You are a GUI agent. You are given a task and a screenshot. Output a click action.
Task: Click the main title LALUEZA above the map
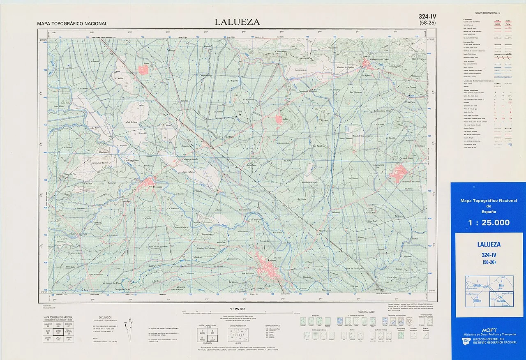tap(237, 22)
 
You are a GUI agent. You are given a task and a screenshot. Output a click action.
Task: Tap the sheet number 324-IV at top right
tap(427, 16)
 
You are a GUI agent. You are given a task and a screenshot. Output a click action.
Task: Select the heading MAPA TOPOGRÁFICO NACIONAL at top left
tap(72, 24)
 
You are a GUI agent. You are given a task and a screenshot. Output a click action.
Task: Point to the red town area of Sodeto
tap(279, 119)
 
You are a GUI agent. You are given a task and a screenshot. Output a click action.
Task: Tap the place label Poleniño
tap(158, 187)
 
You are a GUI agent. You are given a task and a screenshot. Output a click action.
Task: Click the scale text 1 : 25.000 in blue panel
tap(489, 223)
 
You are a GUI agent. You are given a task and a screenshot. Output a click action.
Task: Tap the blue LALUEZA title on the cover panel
tap(489, 244)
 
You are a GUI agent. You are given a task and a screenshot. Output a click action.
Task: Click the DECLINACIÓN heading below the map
tap(105, 318)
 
